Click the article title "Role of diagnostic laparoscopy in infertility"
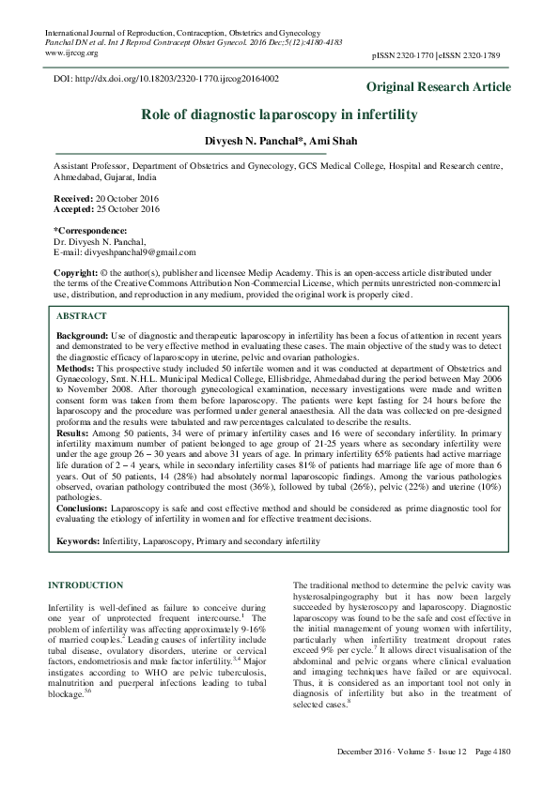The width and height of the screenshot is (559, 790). click(x=279, y=114)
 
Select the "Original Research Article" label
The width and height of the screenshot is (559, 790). click(x=439, y=87)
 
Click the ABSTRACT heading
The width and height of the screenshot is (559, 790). click(x=83, y=317)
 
